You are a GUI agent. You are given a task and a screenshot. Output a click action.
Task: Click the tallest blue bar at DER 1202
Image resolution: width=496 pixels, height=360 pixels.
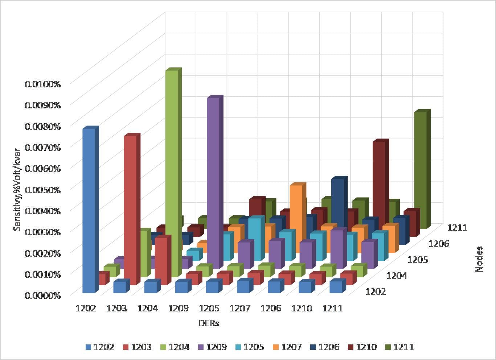point(89,210)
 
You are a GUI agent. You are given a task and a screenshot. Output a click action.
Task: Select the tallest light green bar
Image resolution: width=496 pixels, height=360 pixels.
point(172,170)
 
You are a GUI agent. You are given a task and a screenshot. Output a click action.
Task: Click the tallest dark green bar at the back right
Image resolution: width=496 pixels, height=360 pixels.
point(420,163)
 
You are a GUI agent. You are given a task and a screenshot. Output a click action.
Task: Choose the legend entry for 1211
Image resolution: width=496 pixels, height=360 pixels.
point(399,347)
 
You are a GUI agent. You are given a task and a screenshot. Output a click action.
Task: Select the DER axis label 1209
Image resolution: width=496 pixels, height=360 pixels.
point(179,309)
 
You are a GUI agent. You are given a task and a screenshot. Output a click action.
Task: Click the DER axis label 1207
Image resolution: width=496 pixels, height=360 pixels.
point(240,309)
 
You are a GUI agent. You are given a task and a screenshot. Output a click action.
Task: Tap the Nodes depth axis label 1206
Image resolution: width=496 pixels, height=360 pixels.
point(439,244)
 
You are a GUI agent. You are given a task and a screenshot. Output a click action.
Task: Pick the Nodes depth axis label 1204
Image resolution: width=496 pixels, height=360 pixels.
point(397,276)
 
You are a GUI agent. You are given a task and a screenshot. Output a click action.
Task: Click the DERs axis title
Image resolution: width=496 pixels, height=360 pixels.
point(209,323)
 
